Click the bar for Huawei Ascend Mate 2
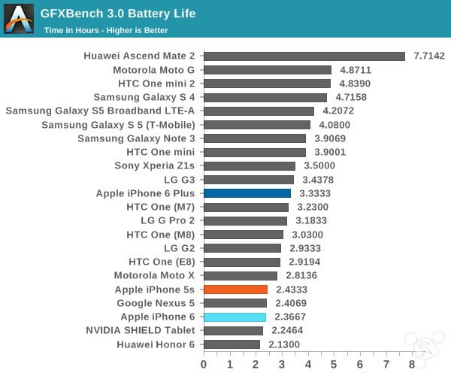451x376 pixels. pyautogui.click(x=304, y=56)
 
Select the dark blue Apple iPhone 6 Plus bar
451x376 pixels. pyautogui.click(x=247, y=193)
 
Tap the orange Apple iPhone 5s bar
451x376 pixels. pyautogui.click(x=235, y=290)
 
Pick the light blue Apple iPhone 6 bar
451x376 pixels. pyautogui.click(x=235, y=317)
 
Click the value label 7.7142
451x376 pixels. pyautogui.click(x=428, y=56)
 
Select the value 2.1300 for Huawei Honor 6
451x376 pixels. pyautogui.click(x=283, y=344)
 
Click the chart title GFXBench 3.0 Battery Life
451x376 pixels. pyautogui.click(x=118, y=14)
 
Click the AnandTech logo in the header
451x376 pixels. pyautogui.click(x=19, y=19)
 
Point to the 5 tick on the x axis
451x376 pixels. pyautogui.click(x=334, y=364)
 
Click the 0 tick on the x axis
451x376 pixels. pyautogui.click(x=204, y=364)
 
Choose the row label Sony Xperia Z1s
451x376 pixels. pyautogui.click(x=155, y=166)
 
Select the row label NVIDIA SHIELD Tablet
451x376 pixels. pyautogui.click(x=141, y=330)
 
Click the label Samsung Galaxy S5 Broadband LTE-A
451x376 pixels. pyautogui.click(x=101, y=111)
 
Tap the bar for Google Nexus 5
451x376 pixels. pyautogui.click(x=235, y=303)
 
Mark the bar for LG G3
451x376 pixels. pyautogui.click(x=249, y=180)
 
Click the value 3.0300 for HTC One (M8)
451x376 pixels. pyautogui.click(x=307, y=235)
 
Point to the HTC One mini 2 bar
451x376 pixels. pyautogui.click(x=267, y=83)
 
